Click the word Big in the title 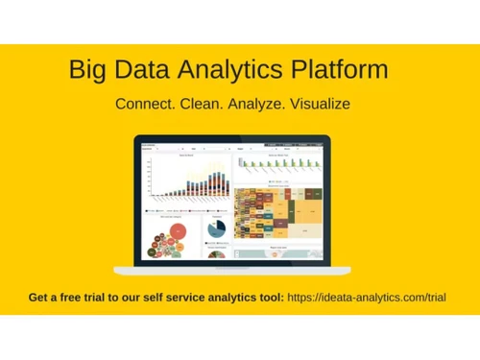tap(88, 70)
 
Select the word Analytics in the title tap(242, 70)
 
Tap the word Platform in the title tap(348, 70)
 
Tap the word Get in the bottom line tap(40, 298)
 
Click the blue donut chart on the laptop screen tap(216, 228)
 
